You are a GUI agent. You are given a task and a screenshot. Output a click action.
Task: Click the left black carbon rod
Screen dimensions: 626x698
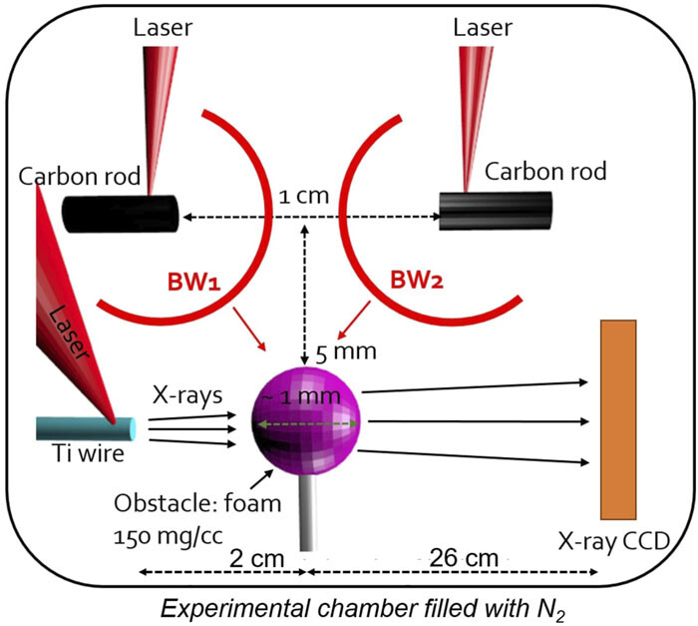coord(121,213)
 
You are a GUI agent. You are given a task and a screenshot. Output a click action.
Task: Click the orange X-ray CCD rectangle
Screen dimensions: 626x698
coord(618,418)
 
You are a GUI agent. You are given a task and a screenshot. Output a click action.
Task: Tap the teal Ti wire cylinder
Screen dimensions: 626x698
coord(85,427)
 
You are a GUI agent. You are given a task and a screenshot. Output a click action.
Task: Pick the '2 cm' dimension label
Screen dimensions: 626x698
coord(221,555)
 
